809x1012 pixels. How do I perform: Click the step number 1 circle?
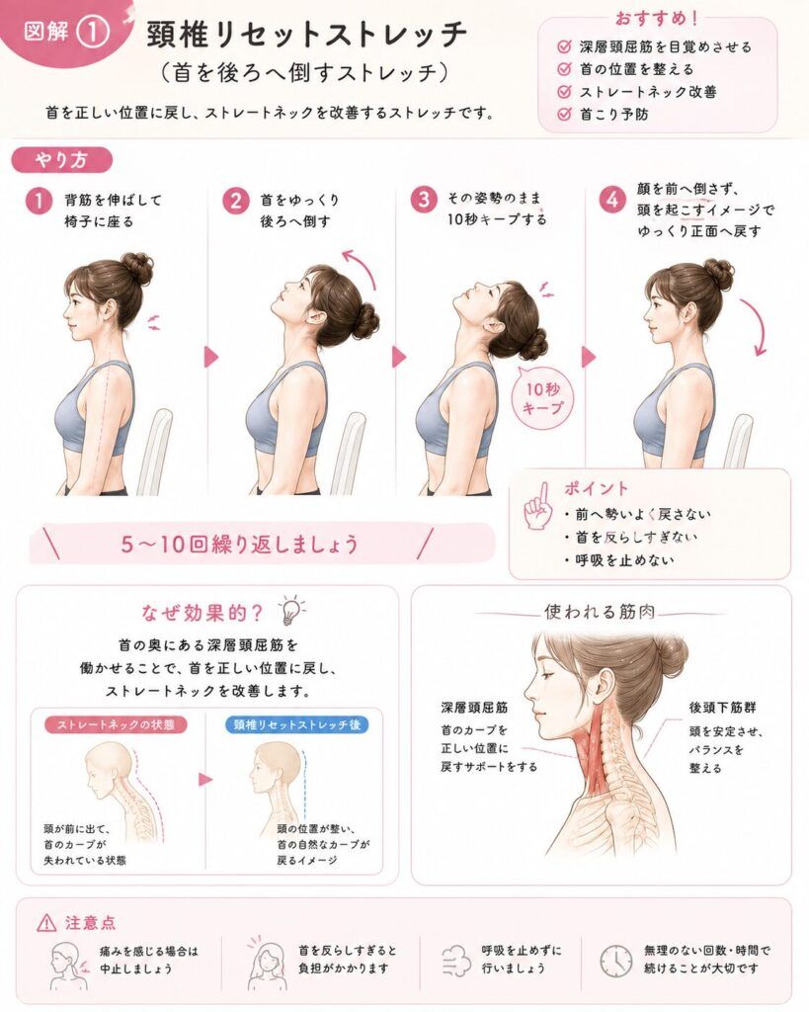click(39, 201)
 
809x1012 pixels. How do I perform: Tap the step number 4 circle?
click(610, 200)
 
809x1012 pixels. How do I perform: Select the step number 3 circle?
click(423, 199)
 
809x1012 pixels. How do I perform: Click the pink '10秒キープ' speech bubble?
click(542, 398)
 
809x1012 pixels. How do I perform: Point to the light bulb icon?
click(289, 610)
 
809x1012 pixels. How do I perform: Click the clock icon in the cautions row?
click(615, 961)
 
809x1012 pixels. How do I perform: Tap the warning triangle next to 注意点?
click(46, 924)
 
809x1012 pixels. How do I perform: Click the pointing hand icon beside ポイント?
click(538, 507)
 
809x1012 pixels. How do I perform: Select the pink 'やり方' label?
click(62, 160)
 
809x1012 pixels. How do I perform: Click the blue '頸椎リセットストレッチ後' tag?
click(296, 724)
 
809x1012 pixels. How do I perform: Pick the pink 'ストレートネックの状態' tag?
click(117, 724)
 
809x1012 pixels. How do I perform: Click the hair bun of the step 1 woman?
click(137, 268)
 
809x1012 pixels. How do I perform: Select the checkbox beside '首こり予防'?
click(564, 115)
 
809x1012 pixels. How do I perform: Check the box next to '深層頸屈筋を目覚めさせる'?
click(564, 46)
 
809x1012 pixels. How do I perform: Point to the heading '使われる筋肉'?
click(600, 611)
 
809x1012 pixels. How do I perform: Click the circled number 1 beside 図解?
click(93, 32)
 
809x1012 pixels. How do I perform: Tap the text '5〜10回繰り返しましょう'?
click(239, 545)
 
